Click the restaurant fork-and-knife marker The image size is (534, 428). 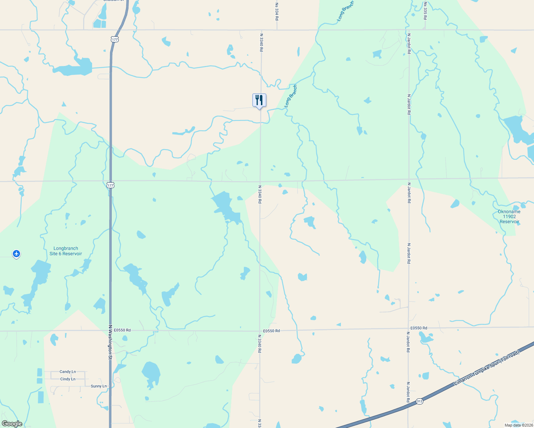(x=260, y=100)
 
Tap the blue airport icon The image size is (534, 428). (x=16, y=254)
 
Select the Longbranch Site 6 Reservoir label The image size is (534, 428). (x=66, y=251)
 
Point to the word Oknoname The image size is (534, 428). (x=509, y=212)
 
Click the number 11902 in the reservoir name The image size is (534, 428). (x=509, y=216)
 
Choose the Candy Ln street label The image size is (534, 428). (x=67, y=372)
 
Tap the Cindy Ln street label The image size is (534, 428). (x=67, y=379)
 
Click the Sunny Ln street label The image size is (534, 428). (x=99, y=386)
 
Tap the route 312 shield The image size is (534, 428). (x=419, y=401)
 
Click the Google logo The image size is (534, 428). (x=12, y=424)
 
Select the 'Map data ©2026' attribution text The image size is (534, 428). (x=518, y=425)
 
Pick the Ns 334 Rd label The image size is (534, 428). (x=277, y=11)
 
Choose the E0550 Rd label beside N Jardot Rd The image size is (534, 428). (x=419, y=328)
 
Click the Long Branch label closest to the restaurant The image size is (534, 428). (x=291, y=96)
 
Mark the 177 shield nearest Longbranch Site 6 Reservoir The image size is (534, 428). (x=110, y=185)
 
